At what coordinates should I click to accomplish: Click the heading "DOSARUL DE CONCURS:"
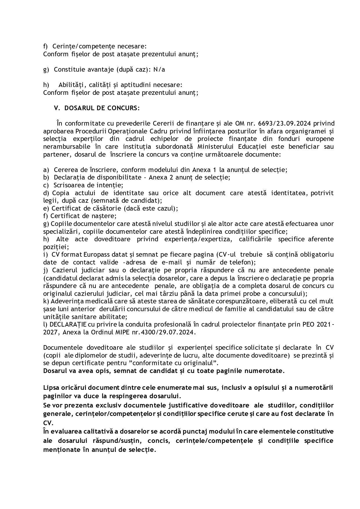pos(102,108)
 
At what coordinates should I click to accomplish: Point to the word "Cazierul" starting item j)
pos(64,270)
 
